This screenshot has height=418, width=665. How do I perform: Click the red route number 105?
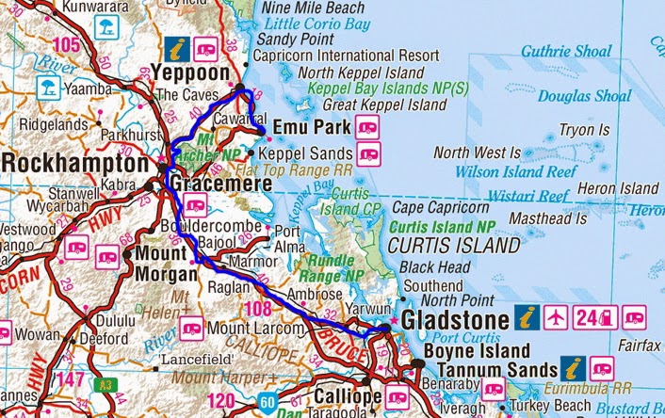(67, 45)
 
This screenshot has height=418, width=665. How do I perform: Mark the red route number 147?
(69, 378)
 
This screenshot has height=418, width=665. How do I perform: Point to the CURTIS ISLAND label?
(454, 246)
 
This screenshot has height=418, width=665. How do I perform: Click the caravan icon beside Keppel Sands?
(368, 153)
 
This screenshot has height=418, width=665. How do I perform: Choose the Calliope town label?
(348, 396)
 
